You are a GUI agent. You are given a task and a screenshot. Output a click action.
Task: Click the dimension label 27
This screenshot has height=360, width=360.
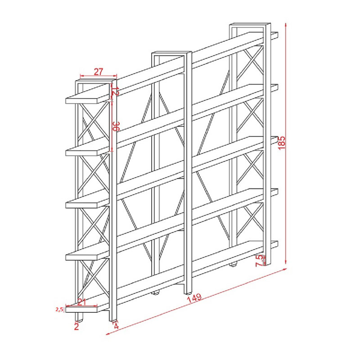coord(98,72)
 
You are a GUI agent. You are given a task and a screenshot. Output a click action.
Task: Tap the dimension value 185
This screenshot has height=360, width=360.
coord(282,143)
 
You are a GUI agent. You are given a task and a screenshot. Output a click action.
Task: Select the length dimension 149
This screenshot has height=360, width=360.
coord(194,298)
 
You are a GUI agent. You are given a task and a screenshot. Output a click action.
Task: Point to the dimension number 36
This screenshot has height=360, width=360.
coord(116,126)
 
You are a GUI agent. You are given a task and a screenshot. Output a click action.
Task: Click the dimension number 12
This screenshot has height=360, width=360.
coord(115,91)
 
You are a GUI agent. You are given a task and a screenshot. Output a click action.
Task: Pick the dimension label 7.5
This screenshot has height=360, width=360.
coord(259,261)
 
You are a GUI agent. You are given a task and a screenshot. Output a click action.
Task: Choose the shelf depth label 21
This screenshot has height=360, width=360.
coord(81,301)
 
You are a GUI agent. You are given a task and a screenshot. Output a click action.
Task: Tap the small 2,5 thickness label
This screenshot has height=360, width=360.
coord(59,310)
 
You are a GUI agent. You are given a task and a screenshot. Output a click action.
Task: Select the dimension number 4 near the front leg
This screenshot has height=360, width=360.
coord(116,326)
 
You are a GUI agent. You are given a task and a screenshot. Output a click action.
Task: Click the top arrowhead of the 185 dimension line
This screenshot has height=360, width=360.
coord(286,25)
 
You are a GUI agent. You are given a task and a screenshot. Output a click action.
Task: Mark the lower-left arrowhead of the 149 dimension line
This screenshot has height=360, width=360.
coord(108,333)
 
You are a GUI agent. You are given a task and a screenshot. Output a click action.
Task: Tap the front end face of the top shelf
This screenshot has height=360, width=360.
coord(81,101)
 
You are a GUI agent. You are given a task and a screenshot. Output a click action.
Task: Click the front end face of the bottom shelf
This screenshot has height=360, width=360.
coord(81,309)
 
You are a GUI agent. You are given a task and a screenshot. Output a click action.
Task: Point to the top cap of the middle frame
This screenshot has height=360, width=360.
coord(171,53)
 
